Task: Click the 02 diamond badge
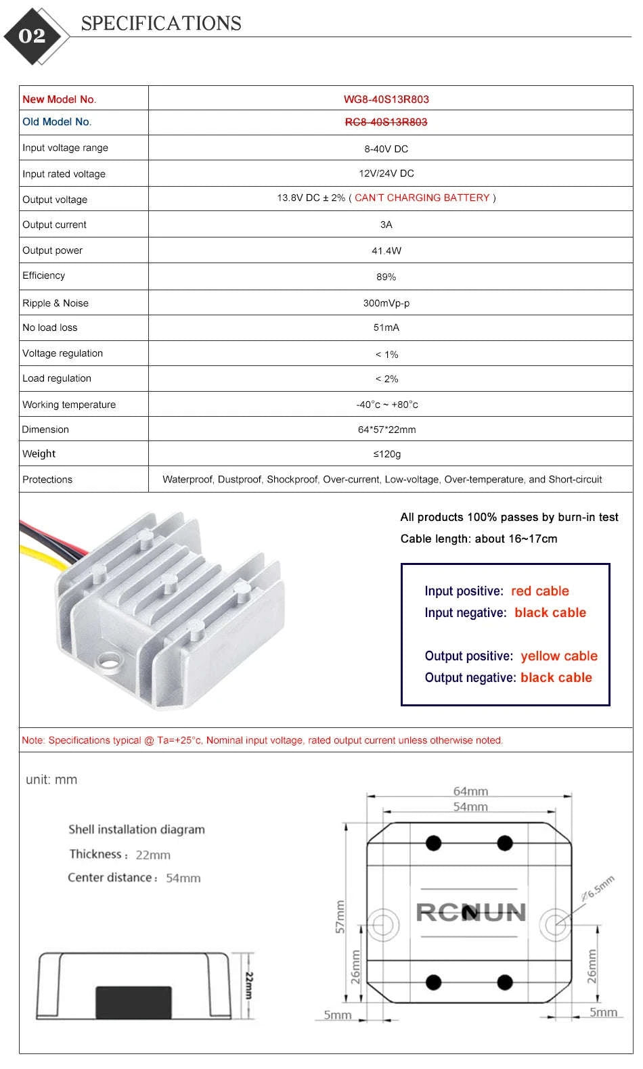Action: click(x=32, y=36)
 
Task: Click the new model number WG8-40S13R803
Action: click(x=386, y=99)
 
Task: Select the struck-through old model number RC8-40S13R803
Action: click(x=386, y=122)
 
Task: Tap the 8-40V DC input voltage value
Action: click(x=386, y=149)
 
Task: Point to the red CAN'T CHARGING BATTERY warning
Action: click(x=422, y=198)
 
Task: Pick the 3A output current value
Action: click(x=386, y=225)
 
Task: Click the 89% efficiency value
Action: click(x=386, y=277)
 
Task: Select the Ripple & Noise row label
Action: click(x=56, y=303)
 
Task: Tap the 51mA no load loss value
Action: click(x=386, y=327)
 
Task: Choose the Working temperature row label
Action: click(x=69, y=405)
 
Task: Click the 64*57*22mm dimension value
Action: click(x=386, y=430)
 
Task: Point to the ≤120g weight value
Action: click(x=386, y=454)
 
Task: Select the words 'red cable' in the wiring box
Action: click(x=539, y=591)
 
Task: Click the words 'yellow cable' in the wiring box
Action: click(x=559, y=656)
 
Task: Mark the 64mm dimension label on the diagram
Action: click(x=470, y=792)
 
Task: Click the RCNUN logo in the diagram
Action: click(x=470, y=912)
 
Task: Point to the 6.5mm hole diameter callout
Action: click(x=598, y=888)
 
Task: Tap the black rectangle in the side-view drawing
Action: click(x=133, y=1003)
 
